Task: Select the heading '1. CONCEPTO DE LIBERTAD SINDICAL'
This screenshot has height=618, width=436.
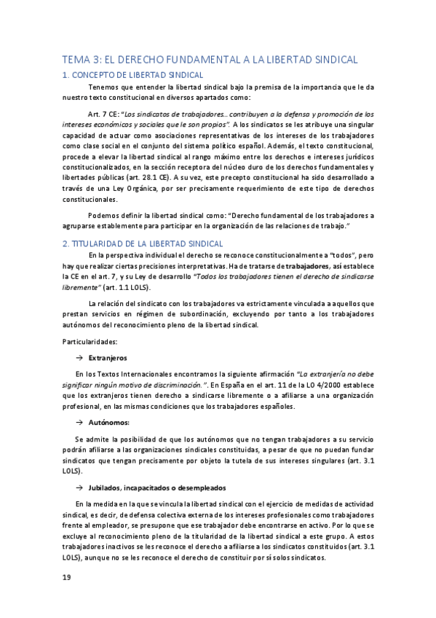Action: (x=132, y=75)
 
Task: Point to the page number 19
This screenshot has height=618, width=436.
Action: (x=66, y=577)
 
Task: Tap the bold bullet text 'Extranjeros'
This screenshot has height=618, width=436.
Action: (x=107, y=359)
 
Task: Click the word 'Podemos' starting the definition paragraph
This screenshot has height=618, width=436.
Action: (x=103, y=216)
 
